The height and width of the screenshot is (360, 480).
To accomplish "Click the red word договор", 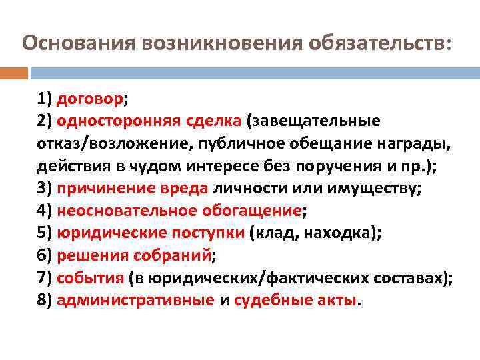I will [x=90, y=99].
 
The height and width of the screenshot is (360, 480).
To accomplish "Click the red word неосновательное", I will [x=126, y=211].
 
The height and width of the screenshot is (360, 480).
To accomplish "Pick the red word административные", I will [x=135, y=300].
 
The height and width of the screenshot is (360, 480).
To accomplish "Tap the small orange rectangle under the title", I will [x=14, y=73].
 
